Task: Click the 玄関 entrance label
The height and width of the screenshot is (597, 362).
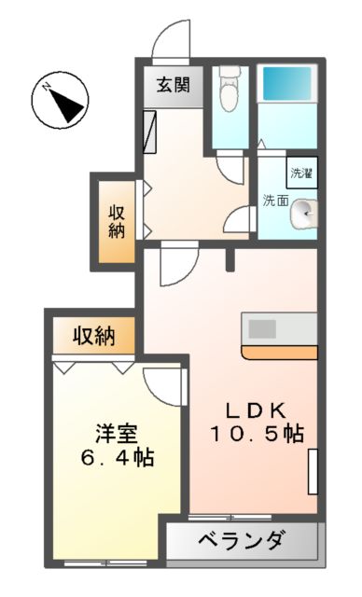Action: [x=173, y=87]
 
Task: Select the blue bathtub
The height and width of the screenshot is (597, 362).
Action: [x=286, y=87]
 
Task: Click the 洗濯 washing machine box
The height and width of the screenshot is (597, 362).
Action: [x=301, y=173]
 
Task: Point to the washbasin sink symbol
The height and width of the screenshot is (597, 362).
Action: [x=303, y=215]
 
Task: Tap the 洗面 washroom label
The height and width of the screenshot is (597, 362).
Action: [x=275, y=200]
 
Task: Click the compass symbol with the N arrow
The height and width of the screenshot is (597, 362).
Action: [x=61, y=101]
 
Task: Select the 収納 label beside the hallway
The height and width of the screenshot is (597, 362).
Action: [x=116, y=220]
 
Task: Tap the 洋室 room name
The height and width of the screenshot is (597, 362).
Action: [x=117, y=434]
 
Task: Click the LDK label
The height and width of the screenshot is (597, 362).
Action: [x=252, y=411]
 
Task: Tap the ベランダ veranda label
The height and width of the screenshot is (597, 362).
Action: [x=244, y=540]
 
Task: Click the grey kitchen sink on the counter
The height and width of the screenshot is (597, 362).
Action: [x=261, y=329]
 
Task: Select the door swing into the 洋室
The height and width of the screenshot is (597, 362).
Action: [x=166, y=384]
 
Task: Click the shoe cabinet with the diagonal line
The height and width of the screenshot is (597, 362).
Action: [x=149, y=132]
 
